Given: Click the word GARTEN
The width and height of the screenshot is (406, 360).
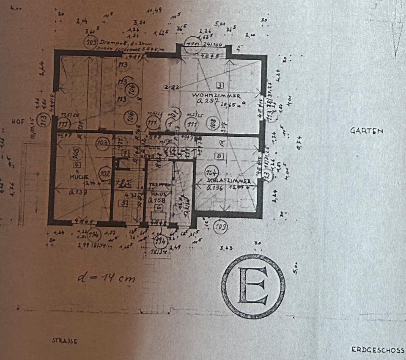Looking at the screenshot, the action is point(366,131).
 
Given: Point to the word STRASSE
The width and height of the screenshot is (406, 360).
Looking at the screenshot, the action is point(65,340).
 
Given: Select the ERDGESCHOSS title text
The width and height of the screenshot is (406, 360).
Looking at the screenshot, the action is point(377,350).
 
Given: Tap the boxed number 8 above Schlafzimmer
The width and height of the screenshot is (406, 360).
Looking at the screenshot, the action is point(219,156).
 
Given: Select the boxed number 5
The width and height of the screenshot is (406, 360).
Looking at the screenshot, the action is point(123,204).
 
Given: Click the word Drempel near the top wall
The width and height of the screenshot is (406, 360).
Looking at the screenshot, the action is point(110,42).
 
